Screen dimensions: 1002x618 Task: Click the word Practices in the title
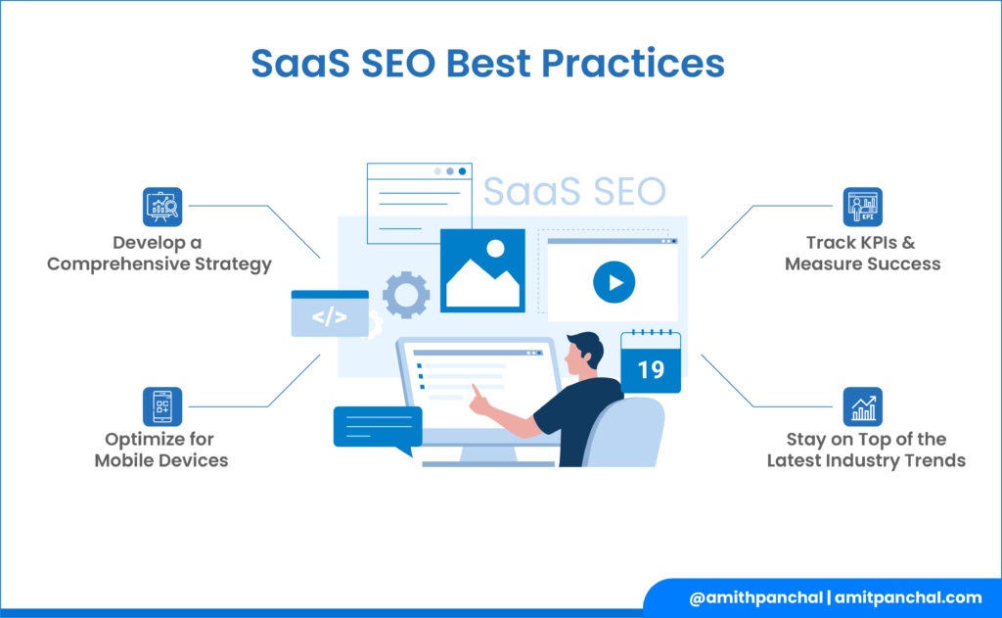pos(633,64)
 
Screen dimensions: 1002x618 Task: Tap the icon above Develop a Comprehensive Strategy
pos(162,207)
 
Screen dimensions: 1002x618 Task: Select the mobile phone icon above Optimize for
pos(162,406)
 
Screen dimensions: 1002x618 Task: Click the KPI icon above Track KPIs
pos(863,207)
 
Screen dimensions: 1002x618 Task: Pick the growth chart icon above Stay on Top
pos(863,406)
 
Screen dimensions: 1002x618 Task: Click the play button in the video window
pos(615,282)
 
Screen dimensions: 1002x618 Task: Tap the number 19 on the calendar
pos(651,370)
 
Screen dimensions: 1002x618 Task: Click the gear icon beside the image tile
pos(406,295)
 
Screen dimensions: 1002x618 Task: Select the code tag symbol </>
pos(330,316)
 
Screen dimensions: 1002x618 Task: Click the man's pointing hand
pos(478,400)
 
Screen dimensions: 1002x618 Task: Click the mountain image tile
pos(482,270)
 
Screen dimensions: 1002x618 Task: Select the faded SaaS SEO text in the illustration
pos(574,191)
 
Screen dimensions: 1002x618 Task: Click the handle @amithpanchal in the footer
pos(756,597)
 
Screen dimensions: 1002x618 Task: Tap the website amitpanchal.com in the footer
pos(908,597)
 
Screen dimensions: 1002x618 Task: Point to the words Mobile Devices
pos(161,460)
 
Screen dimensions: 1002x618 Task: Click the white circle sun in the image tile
pos(495,249)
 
